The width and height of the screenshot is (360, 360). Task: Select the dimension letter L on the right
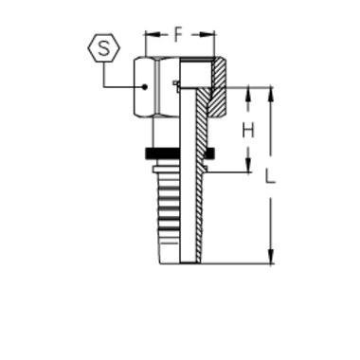(x=270, y=177)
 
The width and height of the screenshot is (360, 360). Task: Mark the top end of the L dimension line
(x=270, y=88)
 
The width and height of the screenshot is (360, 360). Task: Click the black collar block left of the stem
(x=152, y=155)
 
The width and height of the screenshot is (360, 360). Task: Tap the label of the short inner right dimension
(x=248, y=126)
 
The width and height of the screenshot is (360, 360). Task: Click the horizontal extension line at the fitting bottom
(x=237, y=261)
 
